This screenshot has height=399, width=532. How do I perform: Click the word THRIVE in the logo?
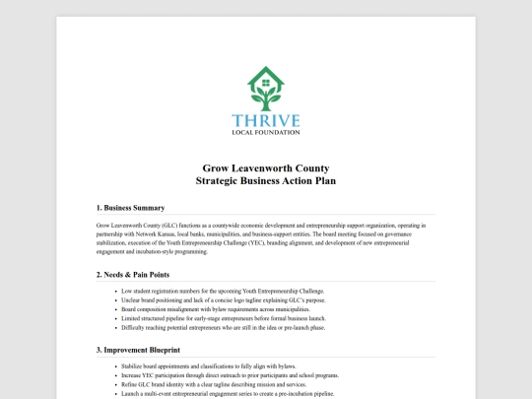266,116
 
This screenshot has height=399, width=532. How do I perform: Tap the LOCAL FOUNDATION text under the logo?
266,131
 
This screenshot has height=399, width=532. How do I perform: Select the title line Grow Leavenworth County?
266,168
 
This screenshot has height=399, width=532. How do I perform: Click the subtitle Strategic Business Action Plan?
266,181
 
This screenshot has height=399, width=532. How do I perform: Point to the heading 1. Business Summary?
130,208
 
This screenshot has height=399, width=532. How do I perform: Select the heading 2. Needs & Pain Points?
133,273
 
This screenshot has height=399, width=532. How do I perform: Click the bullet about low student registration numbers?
223,292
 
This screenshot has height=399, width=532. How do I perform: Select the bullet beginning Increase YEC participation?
231,375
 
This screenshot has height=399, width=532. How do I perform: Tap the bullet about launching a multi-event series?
229,394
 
